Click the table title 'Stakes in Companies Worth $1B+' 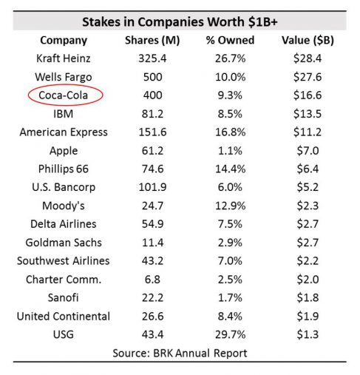[180, 21]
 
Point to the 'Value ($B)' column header [302, 40]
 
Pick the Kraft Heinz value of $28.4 [302, 58]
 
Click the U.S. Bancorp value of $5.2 [302, 188]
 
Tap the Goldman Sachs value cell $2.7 [302, 243]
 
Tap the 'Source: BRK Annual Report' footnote [180, 353]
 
